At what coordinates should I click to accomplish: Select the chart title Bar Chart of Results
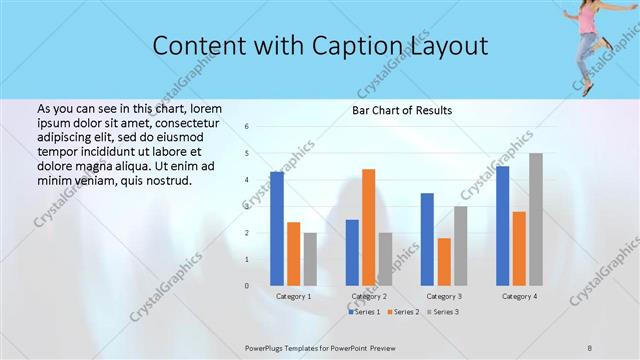401,110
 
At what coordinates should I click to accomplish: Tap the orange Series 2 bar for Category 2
368,227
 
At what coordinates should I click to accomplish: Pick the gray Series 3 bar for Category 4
536,219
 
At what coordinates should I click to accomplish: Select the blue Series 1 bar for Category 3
427,239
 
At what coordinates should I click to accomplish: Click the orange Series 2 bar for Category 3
444,261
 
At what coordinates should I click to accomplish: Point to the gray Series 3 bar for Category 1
310,259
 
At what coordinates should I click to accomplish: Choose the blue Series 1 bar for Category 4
502,225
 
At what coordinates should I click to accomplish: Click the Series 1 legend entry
364,312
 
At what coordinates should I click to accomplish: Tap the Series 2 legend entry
403,312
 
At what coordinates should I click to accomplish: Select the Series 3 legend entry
442,312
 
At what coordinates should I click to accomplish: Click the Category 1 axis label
294,296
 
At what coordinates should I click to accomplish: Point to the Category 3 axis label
444,296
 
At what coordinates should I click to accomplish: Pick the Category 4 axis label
519,296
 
